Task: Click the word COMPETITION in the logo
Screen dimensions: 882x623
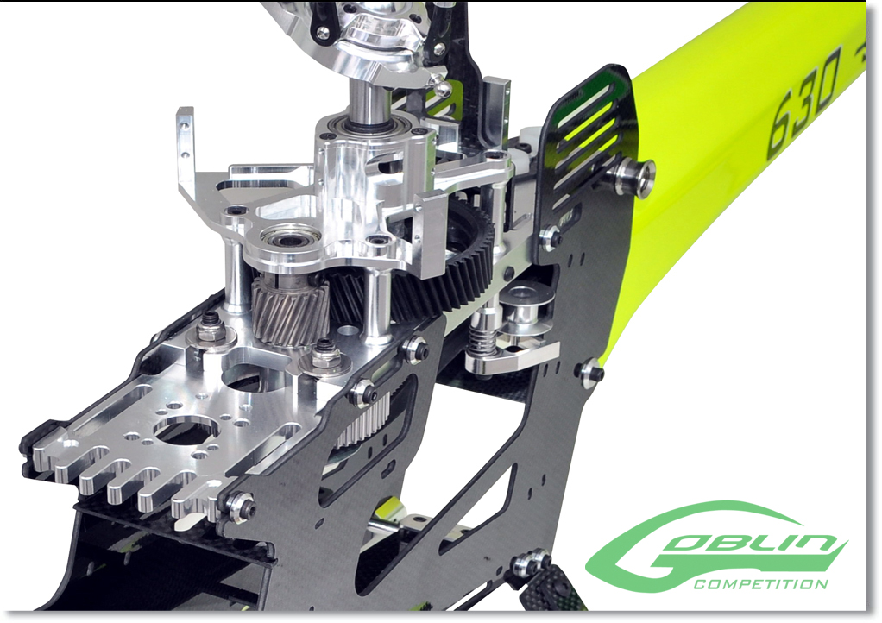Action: tap(760, 583)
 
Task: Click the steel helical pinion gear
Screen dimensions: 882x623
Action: tap(290, 312)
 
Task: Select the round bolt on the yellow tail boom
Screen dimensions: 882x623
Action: tap(635, 176)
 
